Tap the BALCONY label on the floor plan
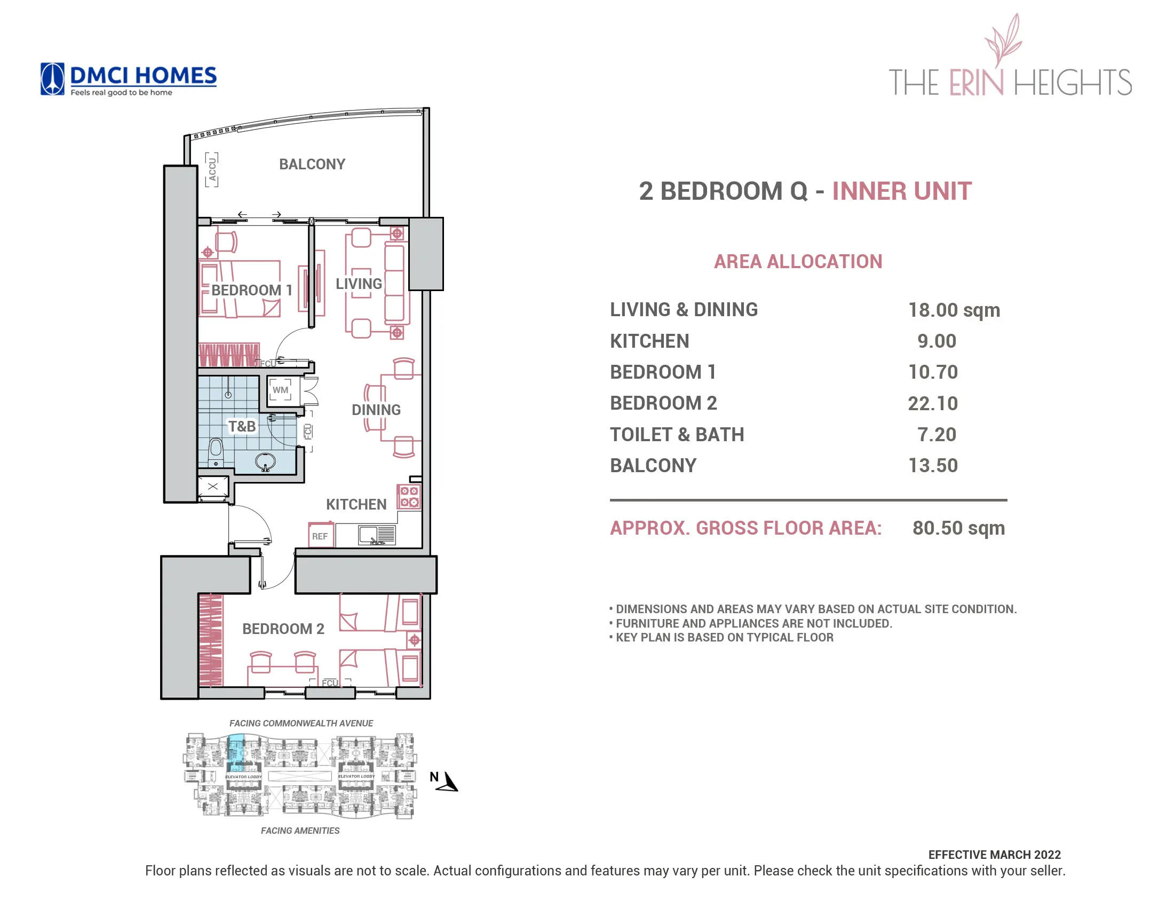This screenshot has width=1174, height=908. [x=312, y=164]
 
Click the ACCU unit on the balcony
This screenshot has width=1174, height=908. [x=212, y=170]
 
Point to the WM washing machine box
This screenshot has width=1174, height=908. [x=280, y=390]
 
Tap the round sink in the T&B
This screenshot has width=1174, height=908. [x=265, y=461]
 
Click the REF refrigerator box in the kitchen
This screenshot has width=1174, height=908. [x=320, y=536]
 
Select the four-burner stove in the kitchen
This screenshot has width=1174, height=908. [x=409, y=497]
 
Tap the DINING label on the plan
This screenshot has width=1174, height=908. [x=376, y=410]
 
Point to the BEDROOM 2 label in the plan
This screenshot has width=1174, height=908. [x=283, y=628]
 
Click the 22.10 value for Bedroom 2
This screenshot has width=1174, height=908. [x=933, y=403]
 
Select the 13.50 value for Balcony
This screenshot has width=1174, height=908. [x=933, y=465]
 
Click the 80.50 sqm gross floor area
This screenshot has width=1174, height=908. [x=958, y=528]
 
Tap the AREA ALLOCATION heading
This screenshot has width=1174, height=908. [x=798, y=261]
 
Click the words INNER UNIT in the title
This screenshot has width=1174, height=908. [x=901, y=191]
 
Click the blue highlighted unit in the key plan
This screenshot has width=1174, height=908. [x=235, y=753]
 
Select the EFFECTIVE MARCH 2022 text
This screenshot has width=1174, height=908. [x=994, y=854]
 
